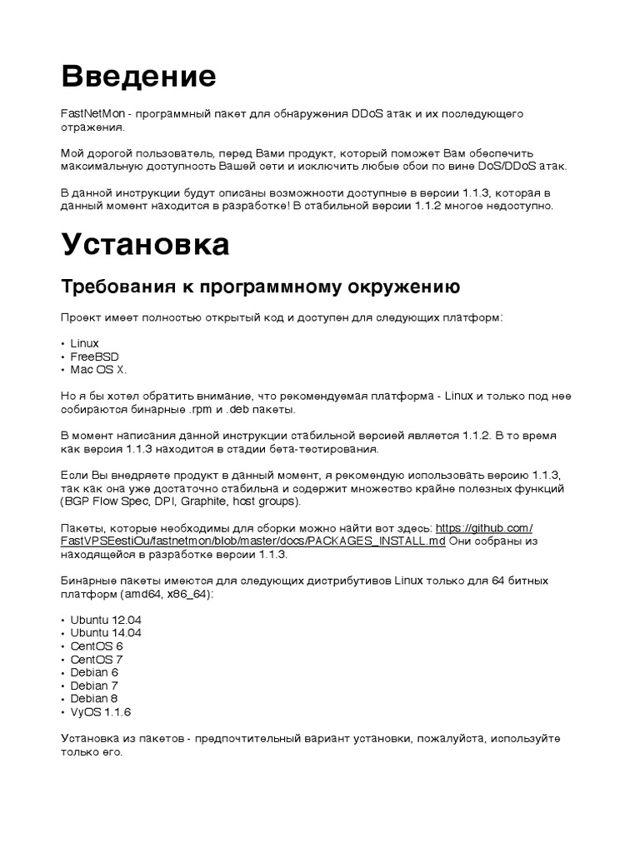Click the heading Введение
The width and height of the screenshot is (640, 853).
tap(138, 77)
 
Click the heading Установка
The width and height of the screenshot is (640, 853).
tap(145, 245)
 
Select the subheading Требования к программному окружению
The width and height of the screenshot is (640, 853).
tap(260, 287)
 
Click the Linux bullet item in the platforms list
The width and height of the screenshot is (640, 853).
tap(84, 343)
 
